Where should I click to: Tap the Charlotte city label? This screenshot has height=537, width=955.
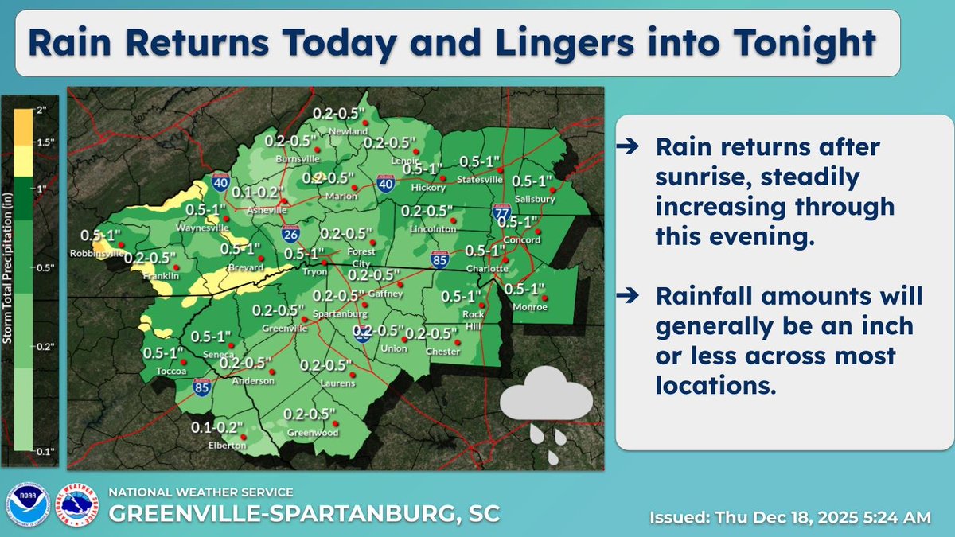pos(487,269)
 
